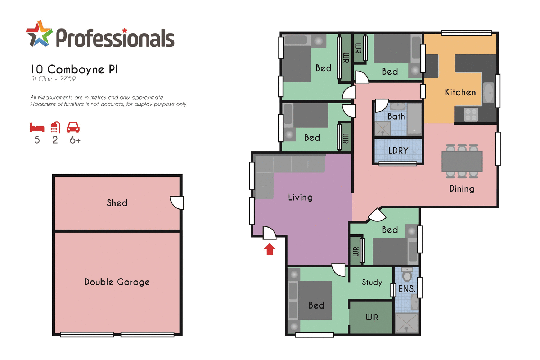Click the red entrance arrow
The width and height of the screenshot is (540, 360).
coord(270,249)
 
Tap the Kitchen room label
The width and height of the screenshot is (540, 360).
coord(460,93)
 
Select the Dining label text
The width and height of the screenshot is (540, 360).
coord(462,189)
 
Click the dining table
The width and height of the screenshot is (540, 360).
coord(462,162)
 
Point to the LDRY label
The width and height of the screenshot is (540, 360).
coord(398,150)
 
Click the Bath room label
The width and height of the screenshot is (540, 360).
coord(396,117)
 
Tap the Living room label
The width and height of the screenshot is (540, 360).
coord(300,197)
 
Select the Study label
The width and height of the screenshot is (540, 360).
coord(372,282)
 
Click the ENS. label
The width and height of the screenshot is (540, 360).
coord(406,289)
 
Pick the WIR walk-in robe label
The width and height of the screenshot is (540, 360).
coord(372,317)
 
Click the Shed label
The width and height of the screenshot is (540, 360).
coord(117,203)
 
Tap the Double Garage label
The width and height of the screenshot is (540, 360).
coord(117,282)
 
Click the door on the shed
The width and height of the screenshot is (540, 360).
coord(177,203)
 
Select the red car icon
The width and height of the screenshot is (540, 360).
coord(73,127)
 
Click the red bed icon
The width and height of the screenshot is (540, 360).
coord(37,128)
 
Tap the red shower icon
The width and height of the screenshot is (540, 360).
coord(55,127)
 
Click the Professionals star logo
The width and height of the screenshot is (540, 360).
coord(39,34)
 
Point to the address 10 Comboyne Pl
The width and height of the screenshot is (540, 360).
coord(74,69)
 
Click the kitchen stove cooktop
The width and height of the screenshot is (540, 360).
coord(471,115)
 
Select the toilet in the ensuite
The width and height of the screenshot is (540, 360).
coord(407,275)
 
